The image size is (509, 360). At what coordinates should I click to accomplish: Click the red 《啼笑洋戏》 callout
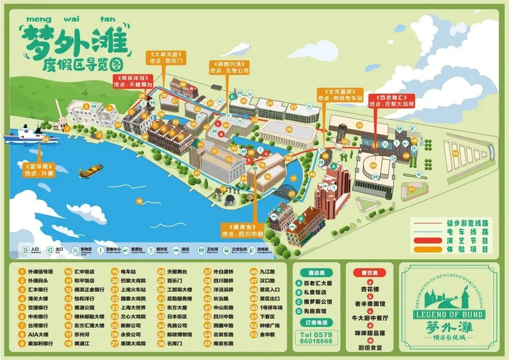(x=134, y=81)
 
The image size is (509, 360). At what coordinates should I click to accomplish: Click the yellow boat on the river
(x=91, y=171)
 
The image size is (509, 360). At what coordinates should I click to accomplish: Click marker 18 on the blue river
(x=139, y=201)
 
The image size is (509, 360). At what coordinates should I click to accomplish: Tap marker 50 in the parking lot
(x=455, y=153)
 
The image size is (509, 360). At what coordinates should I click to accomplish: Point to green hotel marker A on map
(x=334, y=166)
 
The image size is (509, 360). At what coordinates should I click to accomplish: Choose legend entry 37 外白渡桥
(x=222, y=271)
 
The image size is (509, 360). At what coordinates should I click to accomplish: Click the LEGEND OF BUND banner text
(x=448, y=314)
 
